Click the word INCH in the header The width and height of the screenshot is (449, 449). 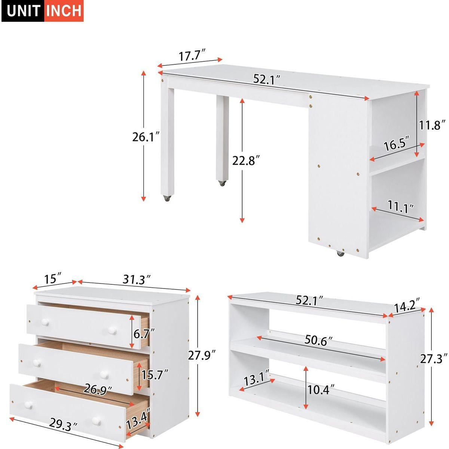64,10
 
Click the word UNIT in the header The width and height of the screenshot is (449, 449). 24,10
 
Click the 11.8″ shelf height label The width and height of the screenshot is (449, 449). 432,125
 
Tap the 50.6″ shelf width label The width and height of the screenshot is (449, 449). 318,341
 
